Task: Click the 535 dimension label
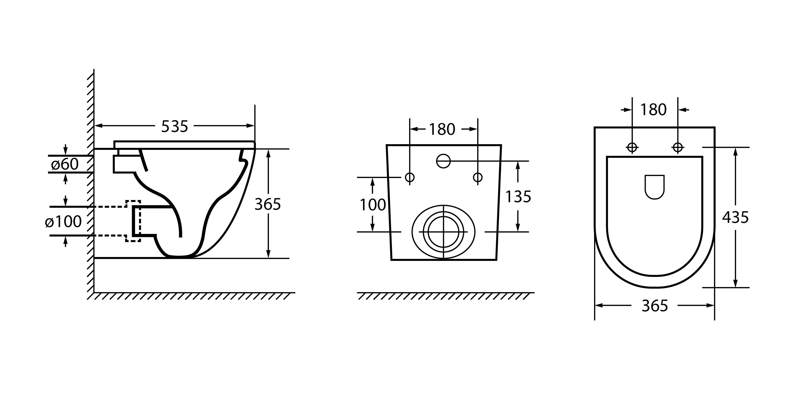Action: pyautogui.click(x=175, y=126)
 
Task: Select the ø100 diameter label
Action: pyautogui.click(x=63, y=221)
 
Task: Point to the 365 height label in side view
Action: pyautogui.click(x=268, y=204)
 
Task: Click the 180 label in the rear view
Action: pyautogui.click(x=442, y=129)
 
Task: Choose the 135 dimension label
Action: pyautogui.click(x=518, y=197)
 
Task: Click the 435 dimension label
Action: pyautogui.click(x=735, y=218)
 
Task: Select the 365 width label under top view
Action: pyautogui.click(x=654, y=306)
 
